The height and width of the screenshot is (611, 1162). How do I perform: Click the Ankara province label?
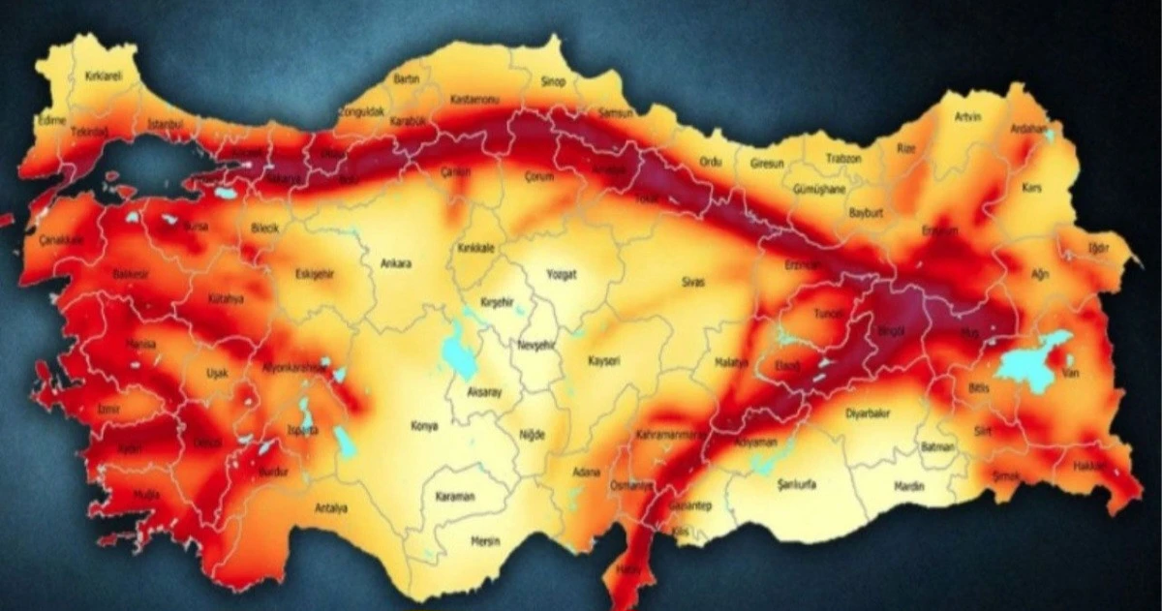397,263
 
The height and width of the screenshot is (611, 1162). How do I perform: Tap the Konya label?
424,425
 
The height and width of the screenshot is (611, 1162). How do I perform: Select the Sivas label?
692,282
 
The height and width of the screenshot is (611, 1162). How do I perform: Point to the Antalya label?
331,507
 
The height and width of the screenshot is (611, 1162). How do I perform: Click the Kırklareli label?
104,76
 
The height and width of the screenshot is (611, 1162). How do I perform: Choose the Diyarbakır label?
868,412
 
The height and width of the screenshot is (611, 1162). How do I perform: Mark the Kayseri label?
603,361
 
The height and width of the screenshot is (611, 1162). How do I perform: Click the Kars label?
1032,187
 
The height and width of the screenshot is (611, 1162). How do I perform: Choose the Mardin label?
909,486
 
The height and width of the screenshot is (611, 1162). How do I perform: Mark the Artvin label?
968,117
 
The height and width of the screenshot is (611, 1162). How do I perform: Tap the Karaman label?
455,497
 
